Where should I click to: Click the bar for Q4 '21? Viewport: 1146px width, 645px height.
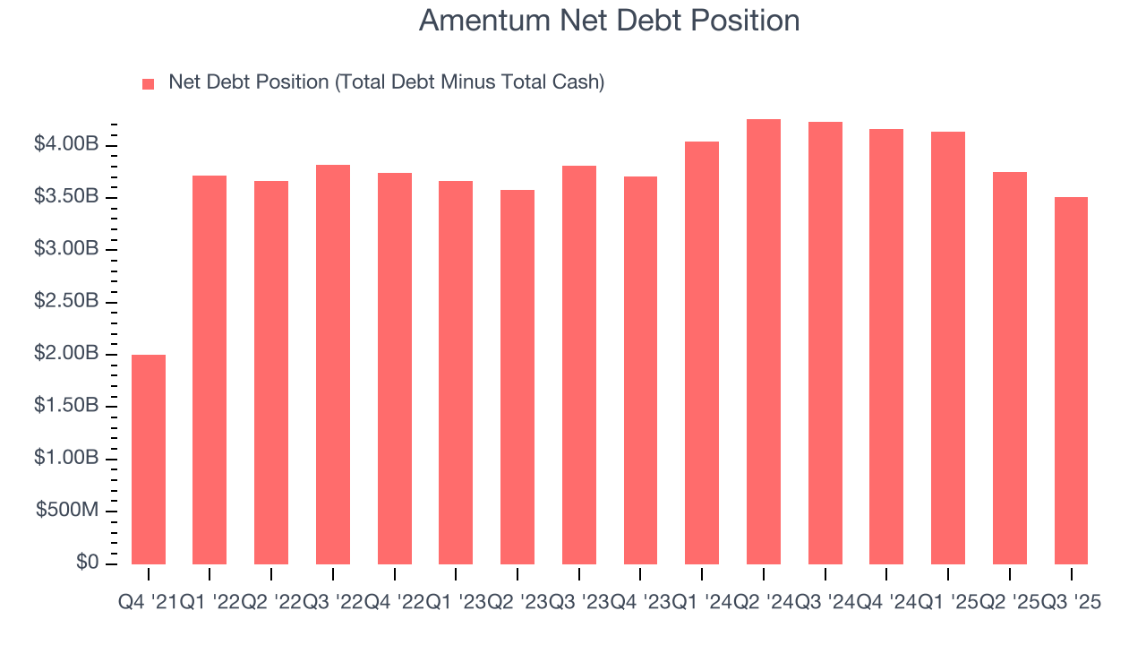tap(149, 460)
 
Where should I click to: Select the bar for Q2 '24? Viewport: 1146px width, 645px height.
tap(764, 341)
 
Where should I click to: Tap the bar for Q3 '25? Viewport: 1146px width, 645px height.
tap(1071, 381)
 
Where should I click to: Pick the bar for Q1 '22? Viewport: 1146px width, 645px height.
tap(210, 370)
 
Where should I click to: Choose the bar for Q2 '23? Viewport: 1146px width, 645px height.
tap(517, 377)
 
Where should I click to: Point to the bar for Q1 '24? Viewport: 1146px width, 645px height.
tap(702, 353)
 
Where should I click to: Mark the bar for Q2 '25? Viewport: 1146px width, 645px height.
tap(1010, 368)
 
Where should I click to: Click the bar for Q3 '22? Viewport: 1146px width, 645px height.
tap(333, 365)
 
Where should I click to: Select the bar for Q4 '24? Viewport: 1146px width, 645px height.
tap(886, 347)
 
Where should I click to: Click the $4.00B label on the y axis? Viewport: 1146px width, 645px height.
tap(66, 145)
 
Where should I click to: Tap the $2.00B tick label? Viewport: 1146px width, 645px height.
tap(66, 354)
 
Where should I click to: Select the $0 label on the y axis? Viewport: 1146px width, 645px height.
tap(88, 563)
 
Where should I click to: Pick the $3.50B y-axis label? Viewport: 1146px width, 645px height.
tap(66, 197)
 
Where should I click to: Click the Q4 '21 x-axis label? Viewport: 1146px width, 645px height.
tap(148, 604)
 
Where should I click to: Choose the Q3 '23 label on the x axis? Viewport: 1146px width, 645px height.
tap(578, 604)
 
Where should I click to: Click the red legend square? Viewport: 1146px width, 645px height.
tap(149, 83)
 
